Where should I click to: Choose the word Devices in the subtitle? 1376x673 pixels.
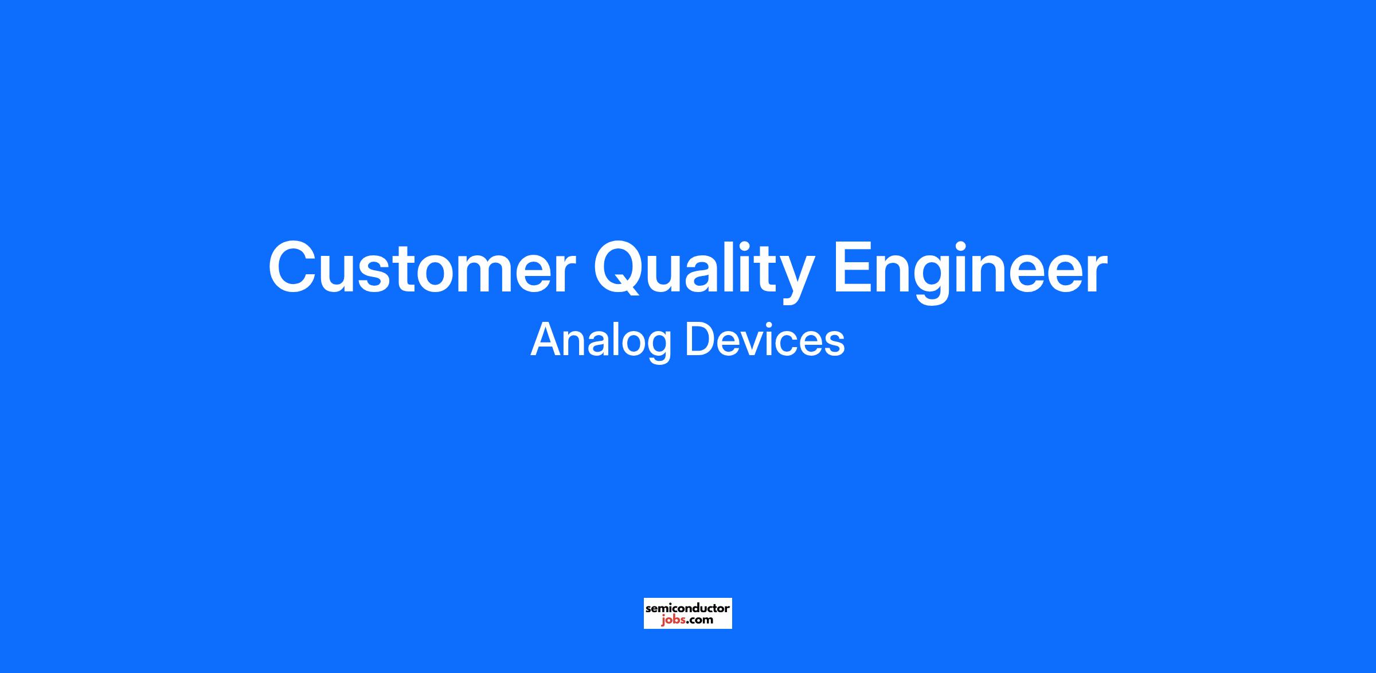pos(765,340)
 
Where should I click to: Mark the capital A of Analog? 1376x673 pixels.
pos(547,340)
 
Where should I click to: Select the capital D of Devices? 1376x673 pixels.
pos(700,340)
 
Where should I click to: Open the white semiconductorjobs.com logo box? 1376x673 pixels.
pos(688,613)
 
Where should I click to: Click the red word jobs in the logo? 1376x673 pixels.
pos(672,620)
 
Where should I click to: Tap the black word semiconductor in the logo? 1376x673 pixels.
pos(688,608)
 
